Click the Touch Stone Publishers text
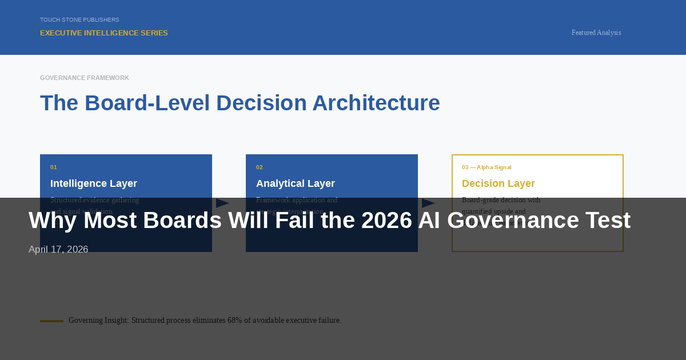tap(79, 20)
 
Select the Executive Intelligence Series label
tap(103, 33)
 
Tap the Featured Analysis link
tap(596, 33)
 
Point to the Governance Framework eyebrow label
tap(84, 78)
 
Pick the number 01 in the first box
tap(54, 167)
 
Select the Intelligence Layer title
tap(93, 183)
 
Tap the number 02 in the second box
tap(260, 167)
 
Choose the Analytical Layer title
tap(295, 183)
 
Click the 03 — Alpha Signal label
tap(486, 167)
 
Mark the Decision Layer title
tap(498, 183)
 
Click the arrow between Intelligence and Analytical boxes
tap(222, 203)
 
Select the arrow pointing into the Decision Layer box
tap(428, 203)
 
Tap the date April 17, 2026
tap(58, 250)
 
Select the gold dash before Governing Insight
tap(51, 321)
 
